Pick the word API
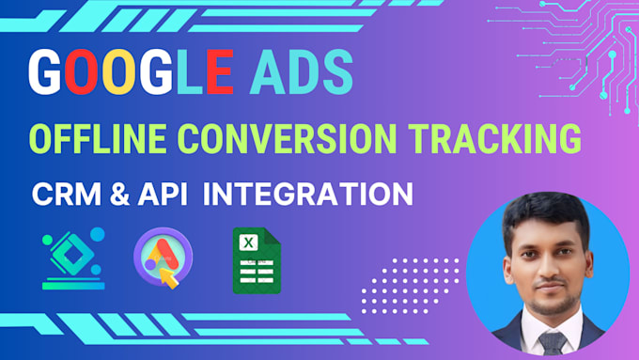coord(162,195)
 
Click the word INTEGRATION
coord(308,195)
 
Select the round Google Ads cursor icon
coord(163,258)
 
